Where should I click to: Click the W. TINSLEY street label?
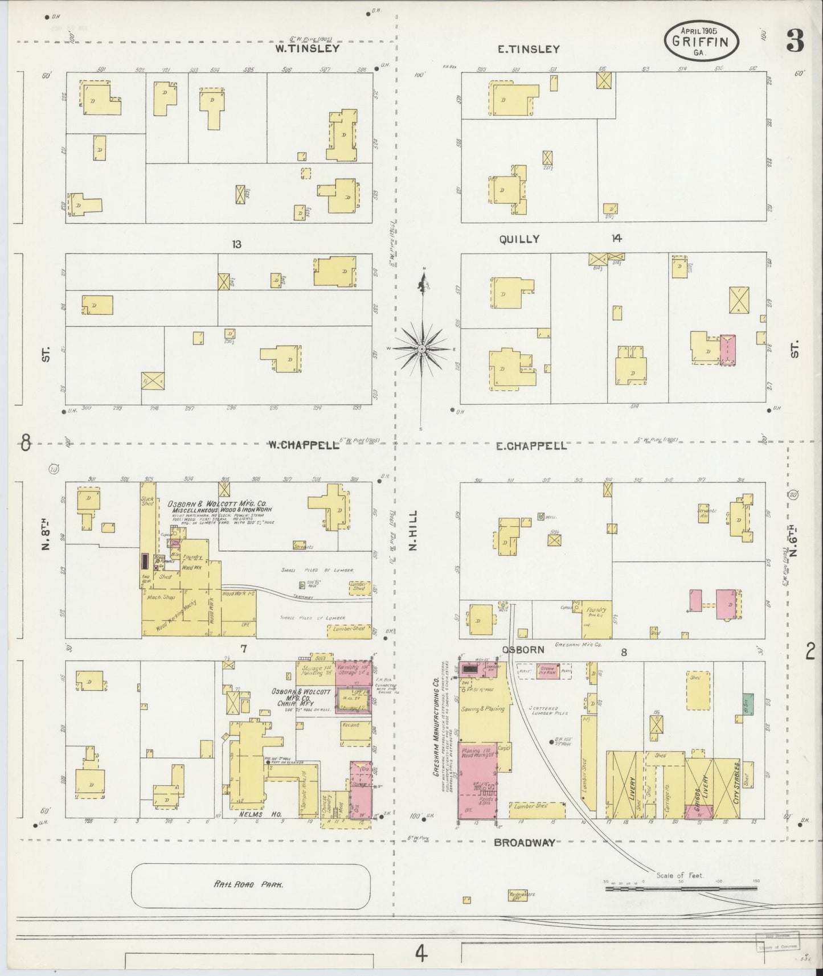pyautogui.click(x=307, y=48)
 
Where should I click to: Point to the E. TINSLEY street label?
pyautogui.click(x=528, y=50)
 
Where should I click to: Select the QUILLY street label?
pyautogui.click(x=519, y=239)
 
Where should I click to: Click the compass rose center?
pyautogui.click(x=421, y=348)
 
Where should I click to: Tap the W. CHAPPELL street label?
pyautogui.click(x=304, y=445)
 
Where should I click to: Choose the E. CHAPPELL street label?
pyautogui.click(x=531, y=446)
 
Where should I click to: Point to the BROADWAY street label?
pyautogui.click(x=524, y=843)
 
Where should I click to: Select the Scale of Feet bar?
pyautogui.click(x=681, y=888)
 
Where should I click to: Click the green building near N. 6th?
pyautogui.click(x=748, y=705)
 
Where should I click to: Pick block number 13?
pyautogui.click(x=236, y=244)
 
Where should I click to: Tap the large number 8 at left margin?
pyautogui.click(x=25, y=442)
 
